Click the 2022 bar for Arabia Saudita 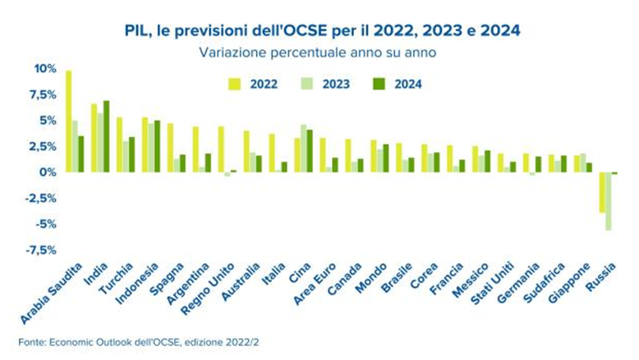coord(68,122)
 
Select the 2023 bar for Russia coord(609,201)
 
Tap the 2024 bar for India coord(106,136)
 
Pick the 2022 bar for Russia coord(602,192)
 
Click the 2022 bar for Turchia coord(119,145)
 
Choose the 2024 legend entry coord(399,83)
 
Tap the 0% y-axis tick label coord(47,172)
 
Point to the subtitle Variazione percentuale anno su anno coord(316,52)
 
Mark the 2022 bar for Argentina coord(195,150)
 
